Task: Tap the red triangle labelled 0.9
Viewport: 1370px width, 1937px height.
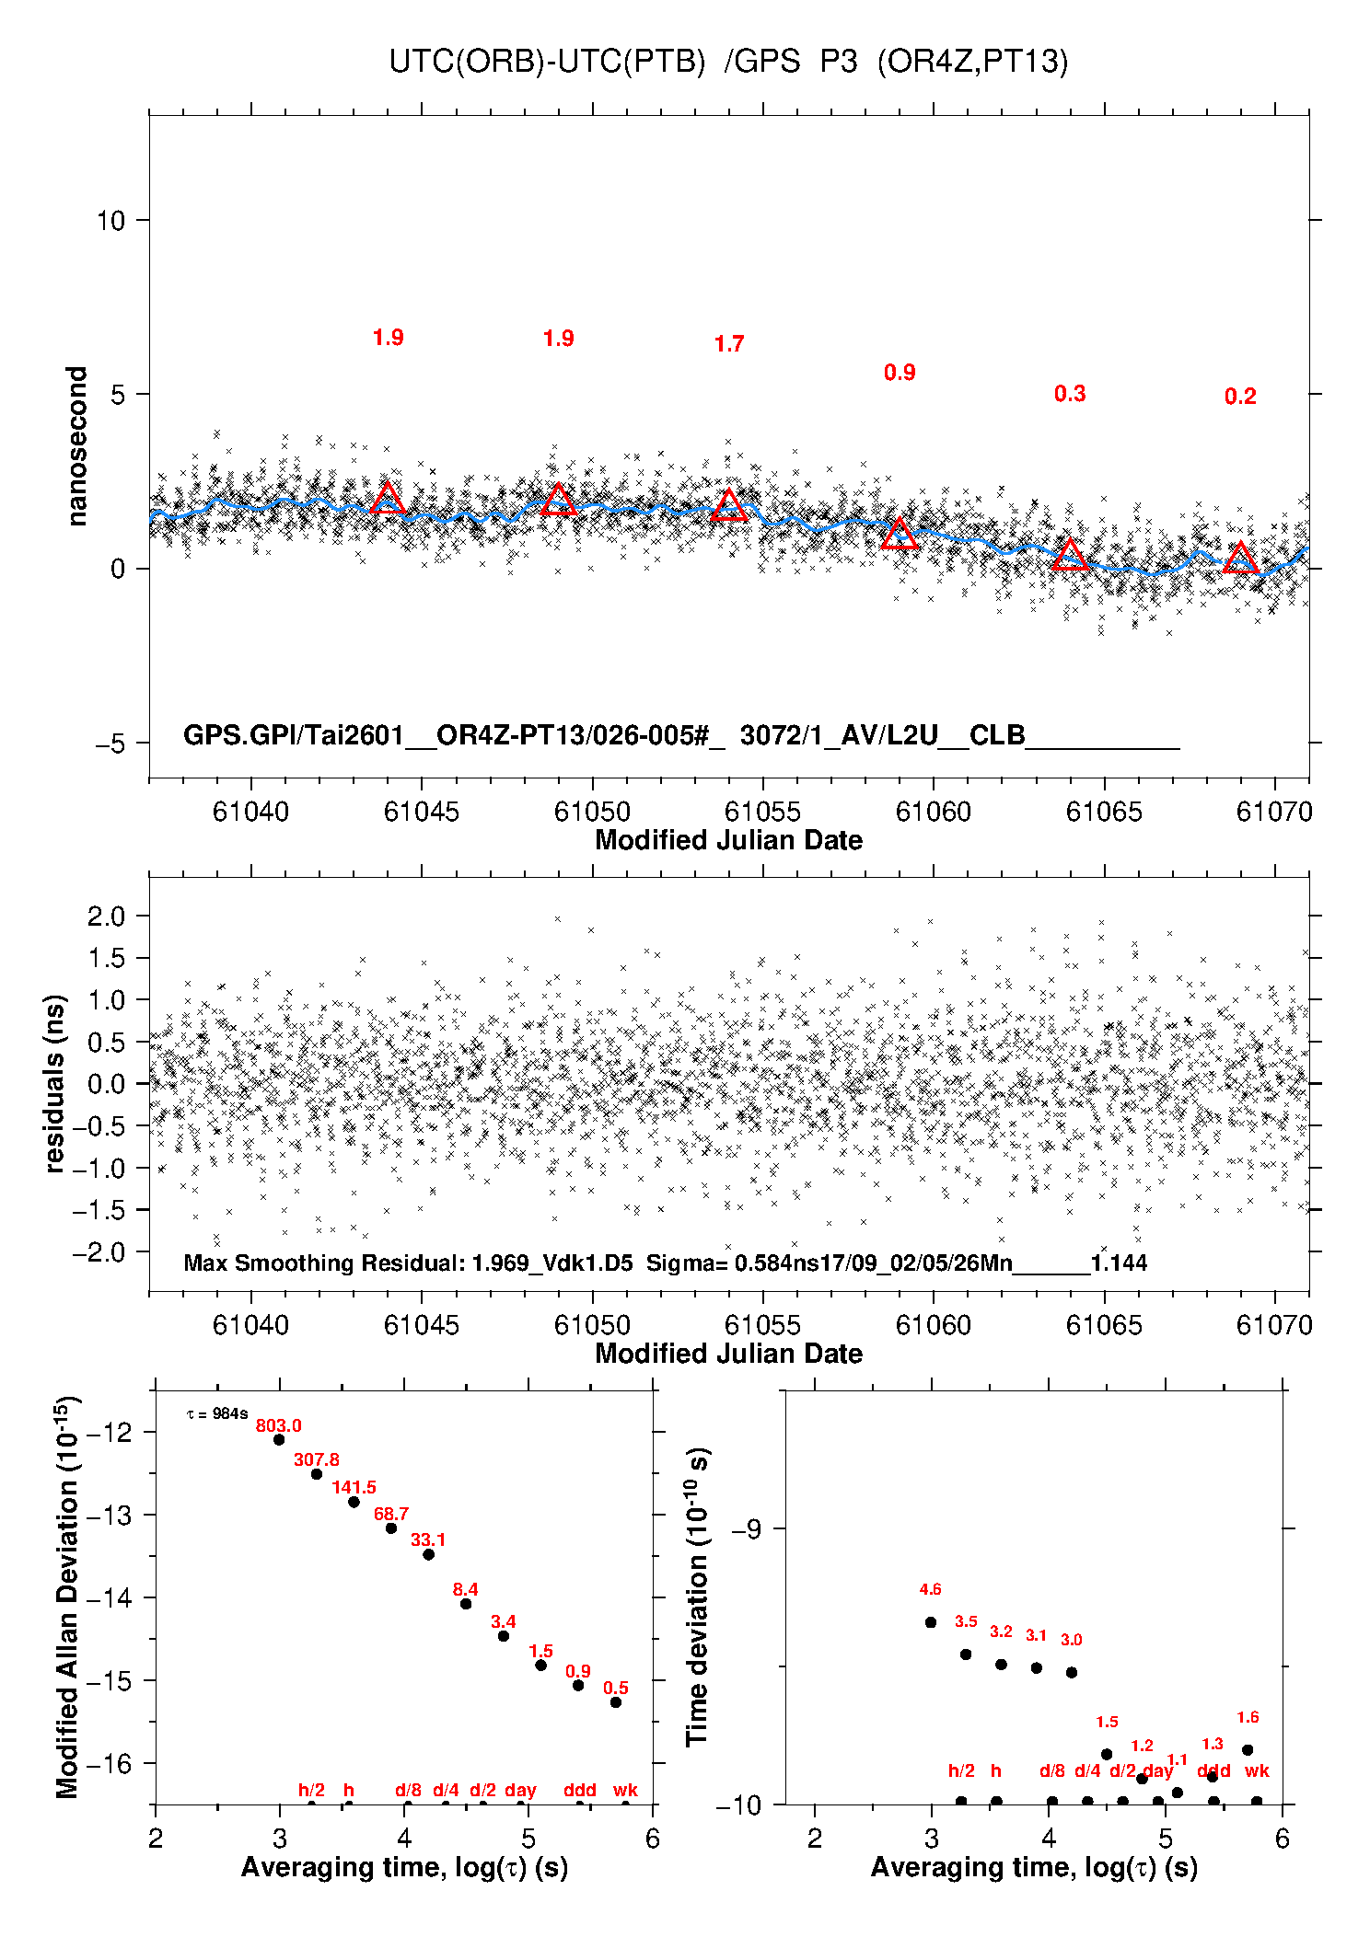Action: (900, 535)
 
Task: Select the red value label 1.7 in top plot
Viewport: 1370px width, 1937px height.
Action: (728, 344)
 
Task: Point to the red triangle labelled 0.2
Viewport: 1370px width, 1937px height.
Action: (1240, 558)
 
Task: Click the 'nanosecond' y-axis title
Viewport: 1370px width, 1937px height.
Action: (76, 446)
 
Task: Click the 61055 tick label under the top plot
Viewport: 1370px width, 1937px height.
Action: (762, 812)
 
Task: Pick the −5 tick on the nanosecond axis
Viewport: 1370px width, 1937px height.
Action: (110, 744)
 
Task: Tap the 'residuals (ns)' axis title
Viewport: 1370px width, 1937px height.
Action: (55, 1083)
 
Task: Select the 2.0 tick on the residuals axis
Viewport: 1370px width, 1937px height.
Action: (106, 916)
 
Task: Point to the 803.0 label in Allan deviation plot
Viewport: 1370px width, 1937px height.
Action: (278, 1425)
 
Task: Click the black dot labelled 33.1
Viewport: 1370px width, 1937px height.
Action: (428, 1554)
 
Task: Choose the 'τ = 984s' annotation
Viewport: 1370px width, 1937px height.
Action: (217, 1413)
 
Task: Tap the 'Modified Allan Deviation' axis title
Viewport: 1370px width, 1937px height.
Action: (66, 1597)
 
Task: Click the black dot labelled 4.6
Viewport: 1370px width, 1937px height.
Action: (931, 1622)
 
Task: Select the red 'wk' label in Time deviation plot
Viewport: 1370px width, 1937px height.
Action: (1257, 1770)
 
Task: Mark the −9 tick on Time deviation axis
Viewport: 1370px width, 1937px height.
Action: (746, 1528)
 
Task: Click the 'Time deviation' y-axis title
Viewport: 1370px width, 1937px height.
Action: (697, 1597)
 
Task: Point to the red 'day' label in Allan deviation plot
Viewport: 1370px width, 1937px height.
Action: (520, 1790)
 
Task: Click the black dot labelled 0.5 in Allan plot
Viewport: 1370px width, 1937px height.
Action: (616, 1702)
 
